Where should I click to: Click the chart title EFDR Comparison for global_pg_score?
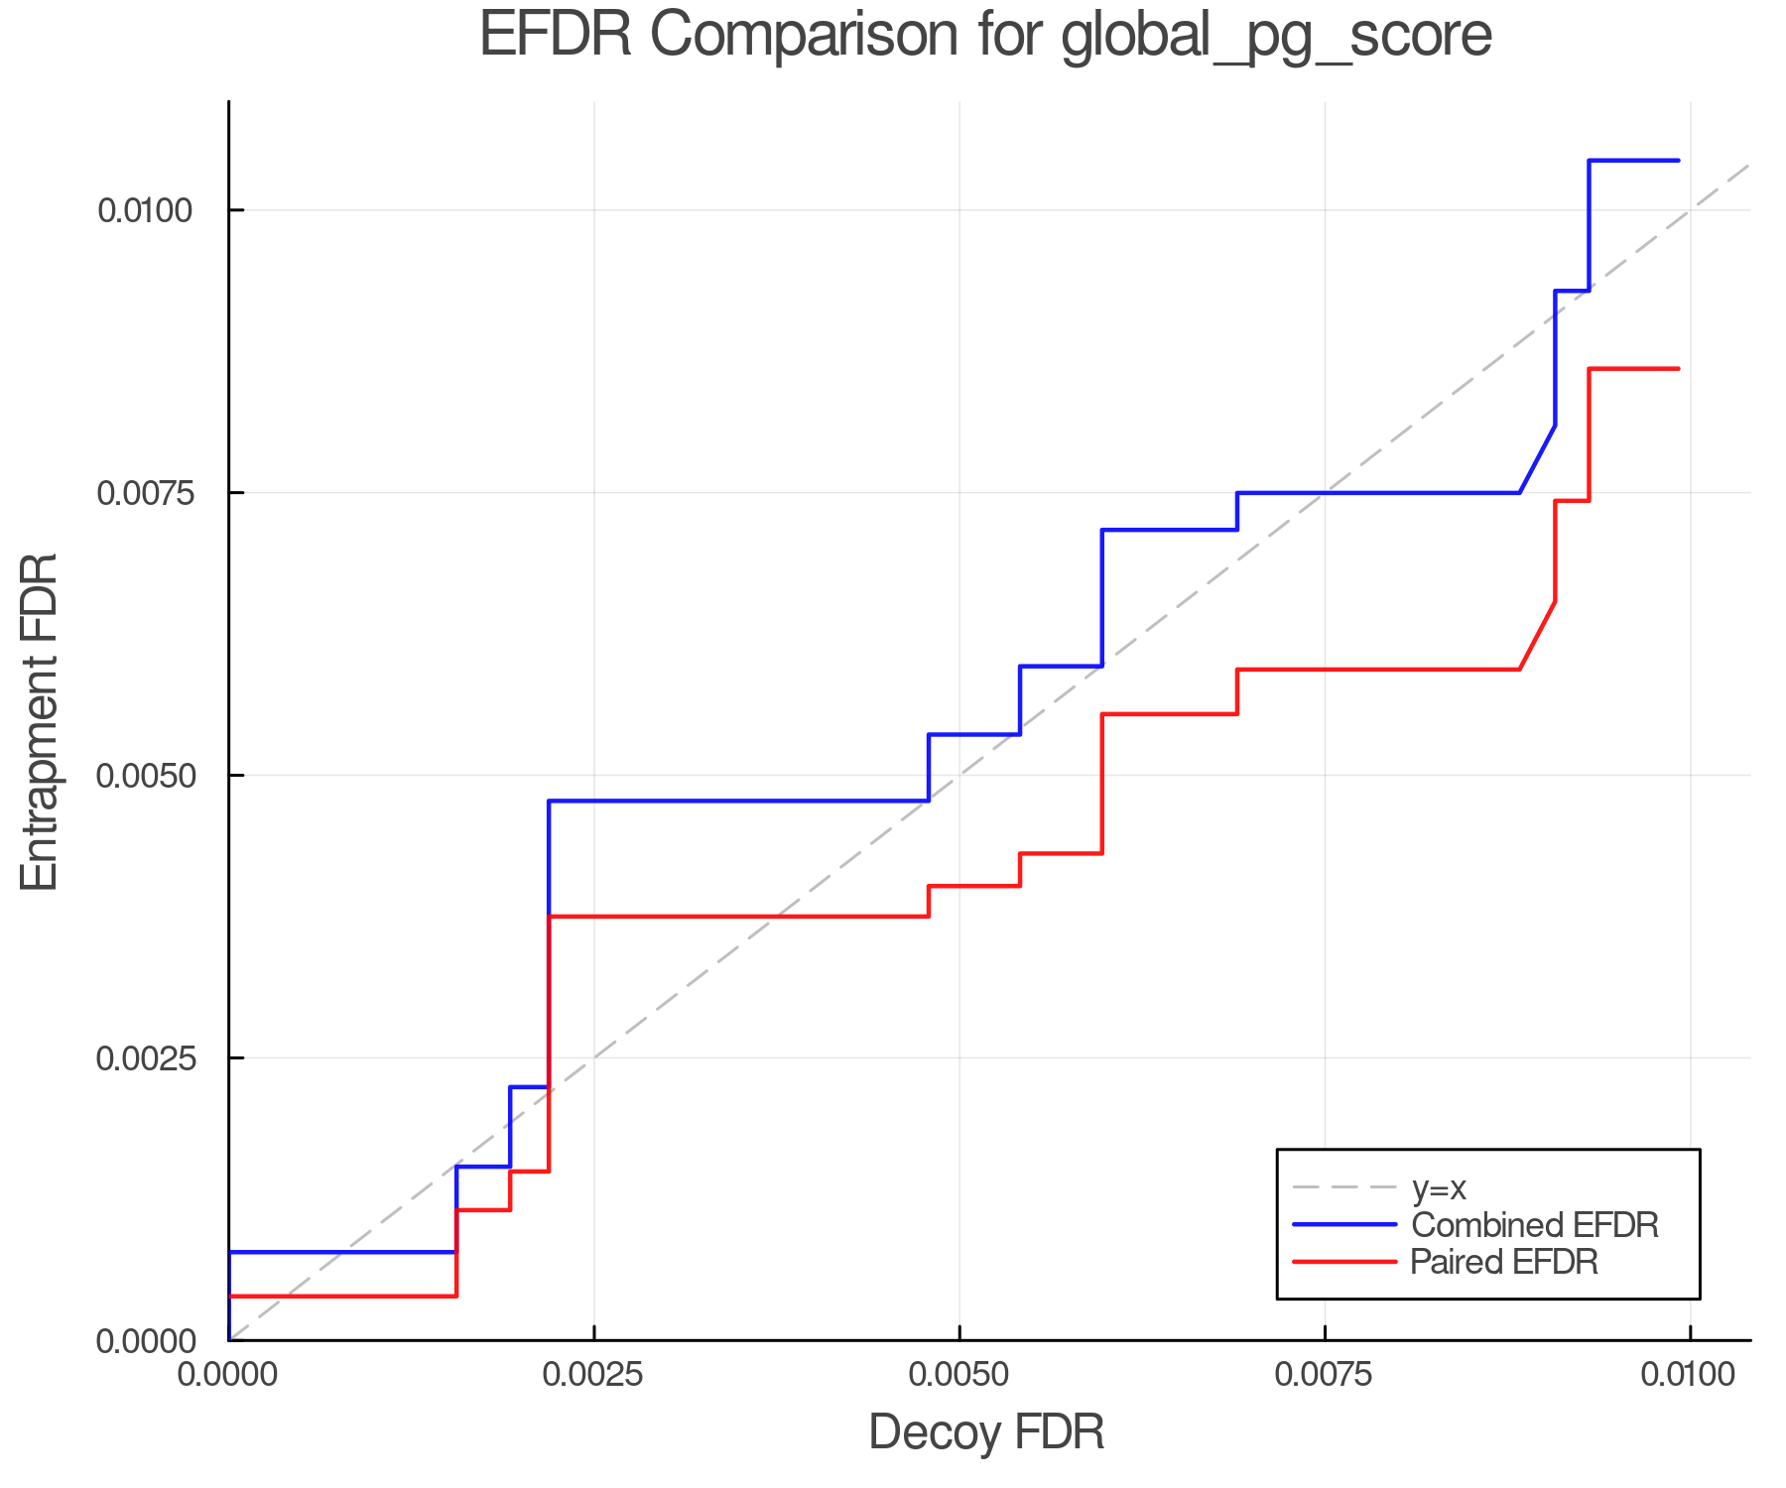point(985,36)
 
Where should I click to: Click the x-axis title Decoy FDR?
point(986,1432)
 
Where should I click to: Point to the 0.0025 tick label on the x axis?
point(593,1374)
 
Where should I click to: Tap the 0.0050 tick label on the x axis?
point(959,1374)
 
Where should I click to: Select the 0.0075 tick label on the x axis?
point(1325,1374)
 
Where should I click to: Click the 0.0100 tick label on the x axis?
point(1690,1374)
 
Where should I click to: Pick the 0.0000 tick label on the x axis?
point(229,1374)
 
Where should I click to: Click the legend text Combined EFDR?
point(1534,1225)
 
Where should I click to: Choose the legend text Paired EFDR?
point(1504,1262)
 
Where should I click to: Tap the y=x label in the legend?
point(1439,1187)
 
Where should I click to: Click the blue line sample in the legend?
point(1344,1225)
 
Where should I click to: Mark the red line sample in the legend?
point(1344,1262)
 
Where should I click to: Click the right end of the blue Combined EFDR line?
point(1678,161)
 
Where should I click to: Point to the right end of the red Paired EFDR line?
point(1678,369)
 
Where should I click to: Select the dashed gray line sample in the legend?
point(1344,1187)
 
